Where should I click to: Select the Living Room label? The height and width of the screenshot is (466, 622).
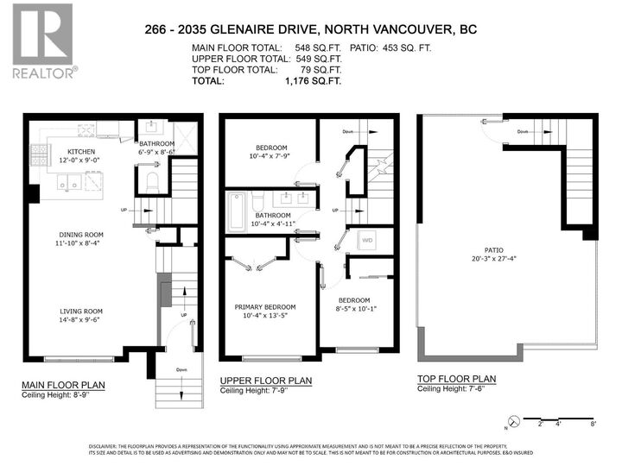[81, 312]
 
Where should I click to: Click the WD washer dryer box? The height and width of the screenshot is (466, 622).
[366, 240]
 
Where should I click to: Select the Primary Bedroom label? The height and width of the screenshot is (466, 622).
[265, 307]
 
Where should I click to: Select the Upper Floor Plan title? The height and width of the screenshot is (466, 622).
[265, 381]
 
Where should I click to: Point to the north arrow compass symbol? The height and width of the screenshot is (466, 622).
[513, 423]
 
